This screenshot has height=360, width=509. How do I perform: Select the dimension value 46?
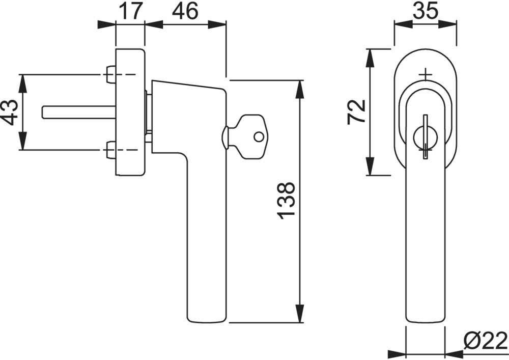(185, 11)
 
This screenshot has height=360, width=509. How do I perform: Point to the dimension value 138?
(286, 201)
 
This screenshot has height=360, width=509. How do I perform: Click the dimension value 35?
(426, 11)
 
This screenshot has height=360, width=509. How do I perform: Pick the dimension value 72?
(356, 112)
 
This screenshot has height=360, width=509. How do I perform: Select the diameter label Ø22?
(485, 340)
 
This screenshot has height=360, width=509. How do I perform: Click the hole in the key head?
(259, 136)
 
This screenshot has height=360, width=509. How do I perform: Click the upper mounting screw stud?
(110, 74)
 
